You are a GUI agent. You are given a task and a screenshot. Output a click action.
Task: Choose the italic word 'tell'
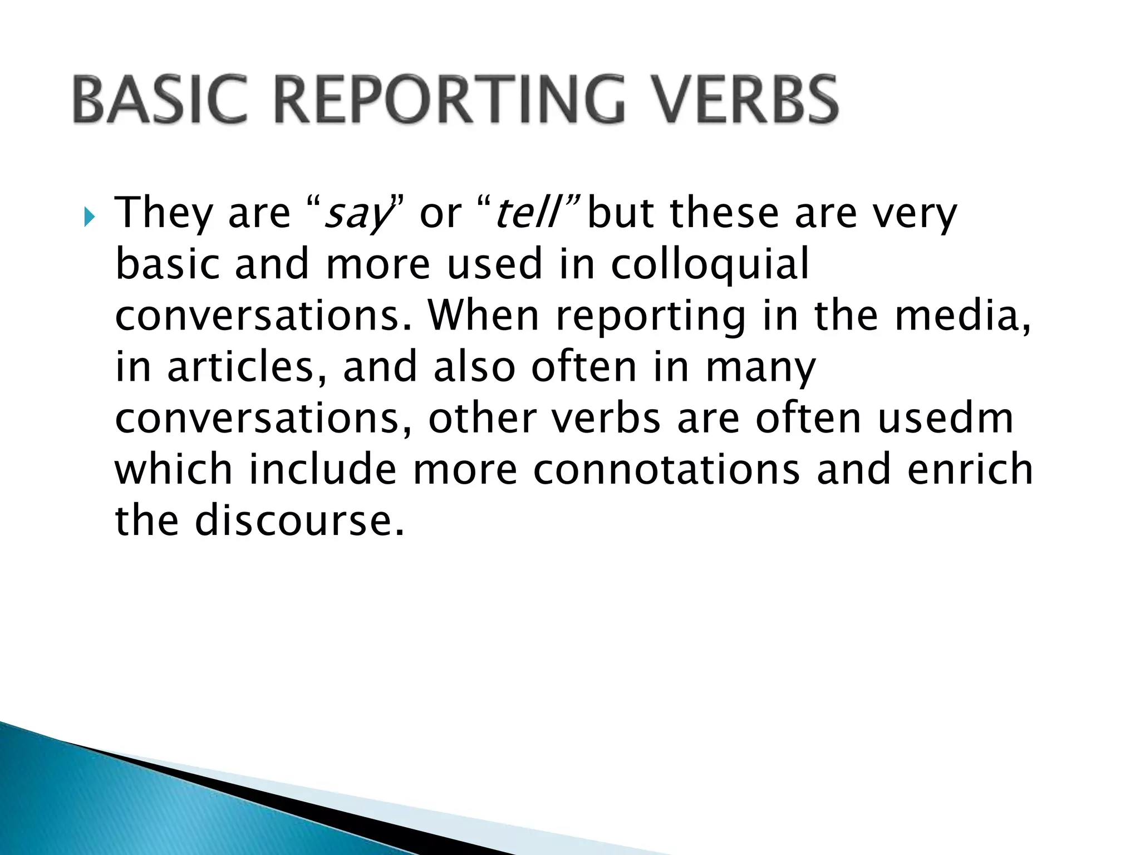(527, 213)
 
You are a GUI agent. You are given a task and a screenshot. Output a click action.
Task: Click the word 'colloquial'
(710, 264)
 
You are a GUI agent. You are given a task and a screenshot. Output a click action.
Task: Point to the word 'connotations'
(666, 469)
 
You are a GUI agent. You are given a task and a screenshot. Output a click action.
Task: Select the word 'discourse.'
(299, 520)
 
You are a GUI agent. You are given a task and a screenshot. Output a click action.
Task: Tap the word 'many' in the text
(760, 368)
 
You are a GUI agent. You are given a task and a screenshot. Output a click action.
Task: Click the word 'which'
(173, 469)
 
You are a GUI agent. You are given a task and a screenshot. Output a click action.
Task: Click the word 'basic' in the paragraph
(166, 264)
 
